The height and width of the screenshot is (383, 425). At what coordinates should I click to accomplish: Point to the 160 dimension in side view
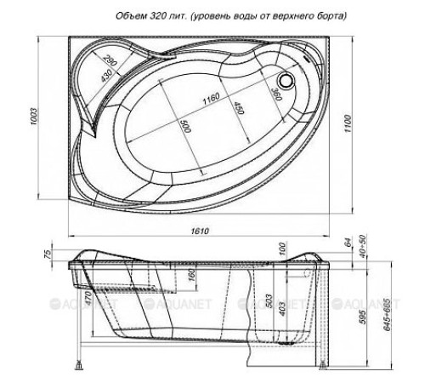point(192,275)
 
